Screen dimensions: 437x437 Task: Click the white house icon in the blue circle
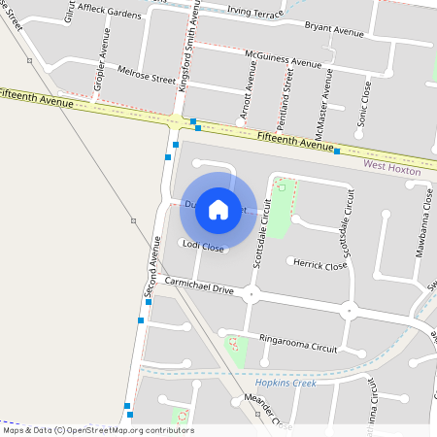(x=218, y=209)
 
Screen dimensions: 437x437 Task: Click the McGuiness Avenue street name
(x=283, y=59)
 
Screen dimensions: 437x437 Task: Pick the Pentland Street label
(x=287, y=89)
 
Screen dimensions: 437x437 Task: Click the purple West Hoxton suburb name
(x=393, y=167)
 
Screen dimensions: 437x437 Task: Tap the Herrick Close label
(x=321, y=264)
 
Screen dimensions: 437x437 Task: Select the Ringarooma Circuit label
(x=298, y=343)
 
